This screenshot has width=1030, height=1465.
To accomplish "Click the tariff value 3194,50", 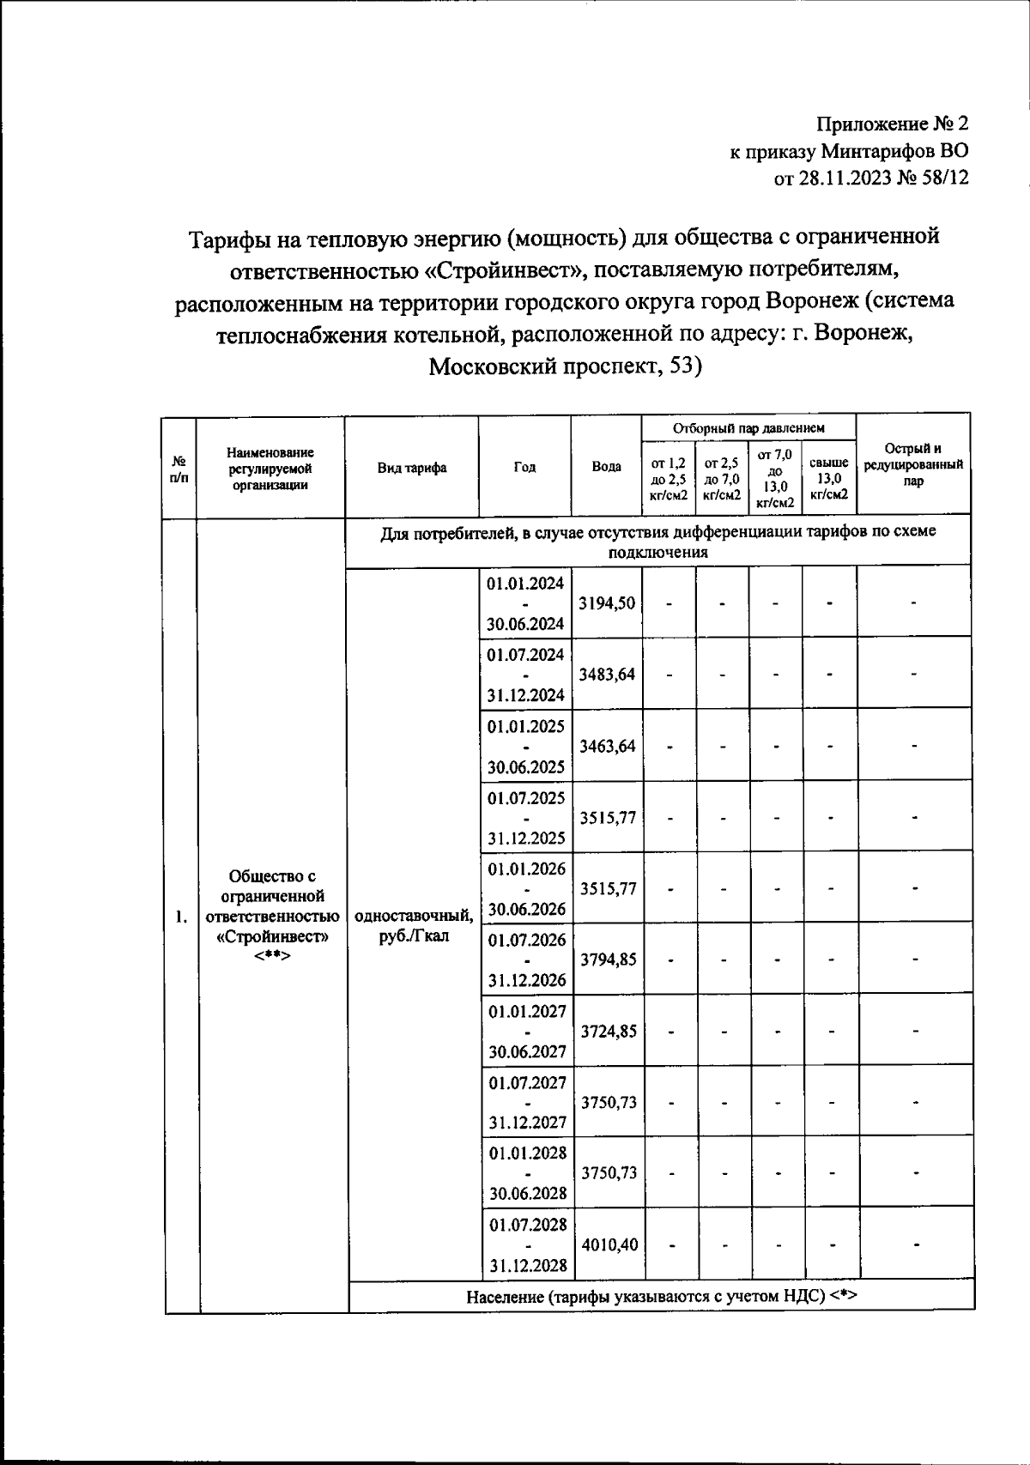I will click(x=607, y=603).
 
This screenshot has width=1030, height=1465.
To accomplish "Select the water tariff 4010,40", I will click(x=609, y=1244).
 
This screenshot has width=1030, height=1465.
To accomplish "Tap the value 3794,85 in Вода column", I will click(x=609, y=960).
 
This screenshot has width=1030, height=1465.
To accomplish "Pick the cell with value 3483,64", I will click(x=607, y=675).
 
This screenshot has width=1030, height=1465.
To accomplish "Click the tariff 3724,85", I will click(x=609, y=1031).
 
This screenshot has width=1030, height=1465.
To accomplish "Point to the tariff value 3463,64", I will click(x=607, y=746).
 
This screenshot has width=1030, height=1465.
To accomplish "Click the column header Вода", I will click(x=607, y=468).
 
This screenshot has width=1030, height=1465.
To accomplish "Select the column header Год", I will click(x=524, y=468).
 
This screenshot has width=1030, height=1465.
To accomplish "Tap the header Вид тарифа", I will click(x=412, y=468).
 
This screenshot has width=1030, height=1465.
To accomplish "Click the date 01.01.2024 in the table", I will click(x=525, y=584).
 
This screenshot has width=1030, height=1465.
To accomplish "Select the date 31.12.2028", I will click(x=528, y=1265).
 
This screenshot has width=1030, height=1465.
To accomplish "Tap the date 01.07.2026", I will click(x=527, y=940).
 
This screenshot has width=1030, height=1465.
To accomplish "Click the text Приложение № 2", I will click(x=892, y=124).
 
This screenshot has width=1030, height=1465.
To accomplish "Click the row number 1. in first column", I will click(x=181, y=917).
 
